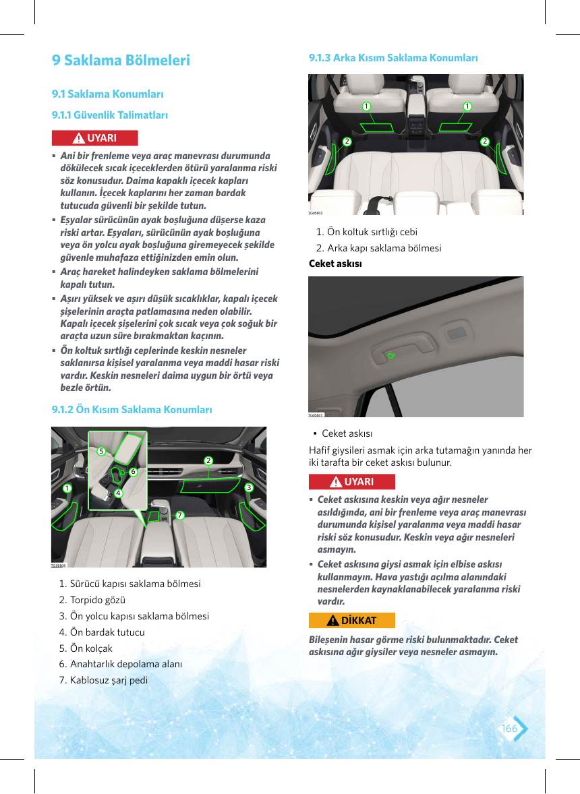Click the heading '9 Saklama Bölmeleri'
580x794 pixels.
pos(121,60)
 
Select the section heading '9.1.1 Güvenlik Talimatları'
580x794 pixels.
pos(109,115)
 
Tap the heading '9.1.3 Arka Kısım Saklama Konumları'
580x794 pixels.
pos(393,58)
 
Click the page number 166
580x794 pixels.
pos(510,728)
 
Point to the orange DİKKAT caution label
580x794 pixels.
pos(352,620)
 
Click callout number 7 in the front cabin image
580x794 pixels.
pos(180,515)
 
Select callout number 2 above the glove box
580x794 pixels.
pos(208,460)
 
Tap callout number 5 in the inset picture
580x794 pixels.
pos(101,451)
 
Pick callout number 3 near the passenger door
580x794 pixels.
pos(249,487)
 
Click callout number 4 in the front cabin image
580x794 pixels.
pos(118,493)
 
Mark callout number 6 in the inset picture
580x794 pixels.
pos(134,471)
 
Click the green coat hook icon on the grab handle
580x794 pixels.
pos(390,356)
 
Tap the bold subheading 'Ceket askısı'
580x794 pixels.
pos(335,264)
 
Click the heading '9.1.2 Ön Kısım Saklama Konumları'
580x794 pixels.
pos(132,409)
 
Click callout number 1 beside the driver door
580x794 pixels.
pos(67,487)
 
